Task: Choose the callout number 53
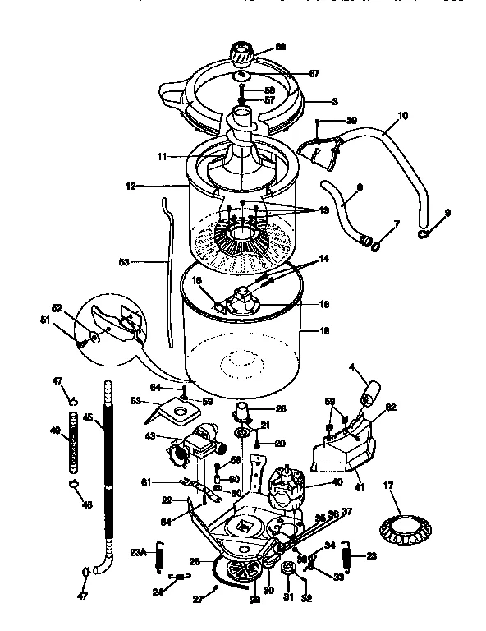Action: pos(124,263)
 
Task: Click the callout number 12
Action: pos(130,186)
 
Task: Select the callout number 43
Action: pos(150,435)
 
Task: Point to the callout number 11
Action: pos(163,154)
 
